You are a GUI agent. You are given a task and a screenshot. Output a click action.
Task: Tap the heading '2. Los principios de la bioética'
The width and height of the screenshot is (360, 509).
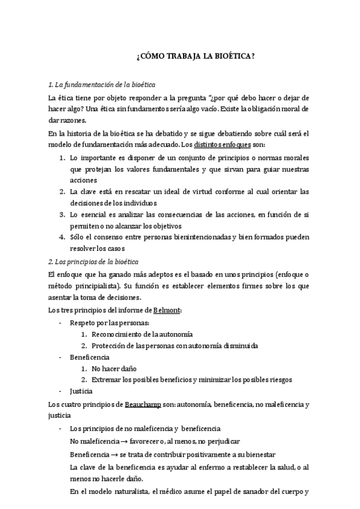[x=94, y=262]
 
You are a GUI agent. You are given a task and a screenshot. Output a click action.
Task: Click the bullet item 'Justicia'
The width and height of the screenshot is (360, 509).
[x=81, y=391]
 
